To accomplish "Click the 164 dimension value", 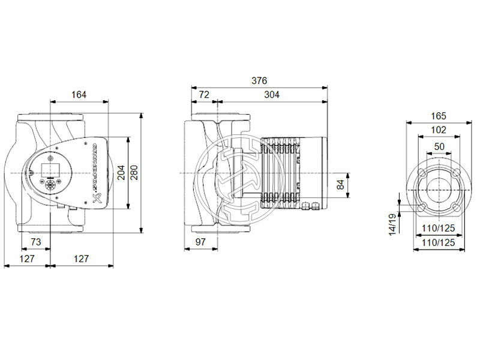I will (79, 94).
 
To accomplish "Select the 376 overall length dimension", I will (259, 80).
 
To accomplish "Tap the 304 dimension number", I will (272, 94).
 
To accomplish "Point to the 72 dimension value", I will (204, 94).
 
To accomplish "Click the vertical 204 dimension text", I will (121, 173).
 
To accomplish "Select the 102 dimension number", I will (439, 130).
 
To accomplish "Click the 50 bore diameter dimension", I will (439, 146).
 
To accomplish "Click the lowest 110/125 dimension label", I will (439, 242).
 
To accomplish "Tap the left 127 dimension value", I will (26, 259).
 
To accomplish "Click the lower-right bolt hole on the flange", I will (457, 208).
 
